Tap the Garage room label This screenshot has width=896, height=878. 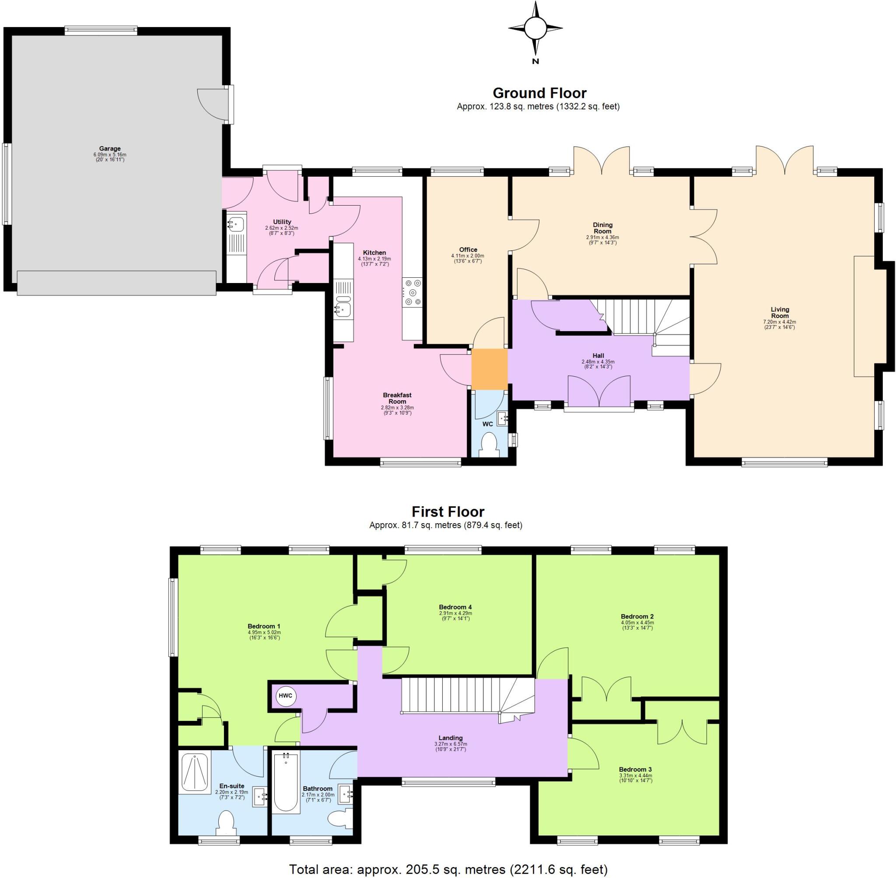click(x=110, y=149)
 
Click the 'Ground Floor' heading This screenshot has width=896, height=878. click(x=539, y=93)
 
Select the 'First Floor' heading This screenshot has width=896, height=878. click(x=448, y=512)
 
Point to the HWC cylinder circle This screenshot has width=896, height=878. click(x=285, y=696)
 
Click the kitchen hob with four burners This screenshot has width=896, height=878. click(x=412, y=292)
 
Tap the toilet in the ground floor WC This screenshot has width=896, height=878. click(x=488, y=444)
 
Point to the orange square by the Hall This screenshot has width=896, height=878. click(x=489, y=369)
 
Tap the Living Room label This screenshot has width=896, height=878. click(x=780, y=312)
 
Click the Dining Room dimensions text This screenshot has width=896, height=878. click(x=602, y=240)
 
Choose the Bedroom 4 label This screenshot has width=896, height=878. click(x=455, y=607)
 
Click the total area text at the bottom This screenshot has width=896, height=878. click(x=448, y=869)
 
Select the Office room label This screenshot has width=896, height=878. click(x=468, y=249)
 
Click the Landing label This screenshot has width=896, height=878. click(x=451, y=738)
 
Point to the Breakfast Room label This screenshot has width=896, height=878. click(x=397, y=398)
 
